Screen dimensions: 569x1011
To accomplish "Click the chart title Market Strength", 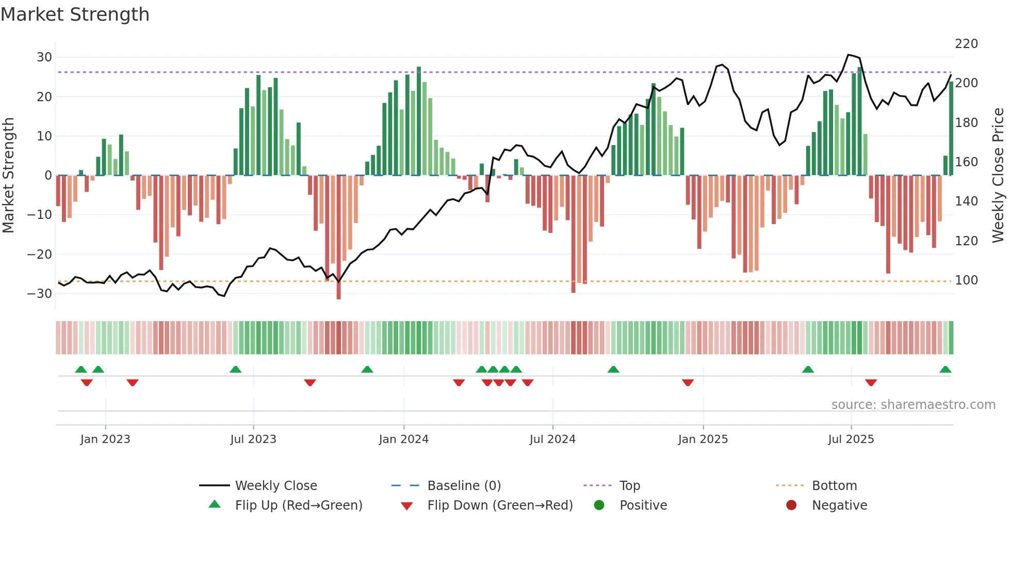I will click(x=75, y=14).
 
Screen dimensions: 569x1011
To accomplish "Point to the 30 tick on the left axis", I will click(x=44, y=57).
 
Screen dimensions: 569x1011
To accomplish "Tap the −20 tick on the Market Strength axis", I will click(x=40, y=254).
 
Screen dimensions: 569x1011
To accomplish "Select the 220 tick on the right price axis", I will click(x=966, y=44).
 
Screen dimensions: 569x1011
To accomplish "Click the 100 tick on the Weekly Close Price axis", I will click(x=966, y=280).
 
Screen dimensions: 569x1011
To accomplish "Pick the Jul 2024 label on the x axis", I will click(x=552, y=439).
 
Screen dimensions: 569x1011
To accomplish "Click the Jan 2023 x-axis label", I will click(x=105, y=439).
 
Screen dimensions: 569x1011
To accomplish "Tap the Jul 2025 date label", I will click(x=851, y=439).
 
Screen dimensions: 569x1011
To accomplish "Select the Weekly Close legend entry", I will click(x=276, y=486).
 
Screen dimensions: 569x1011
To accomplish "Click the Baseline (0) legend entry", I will click(x=464, y=486).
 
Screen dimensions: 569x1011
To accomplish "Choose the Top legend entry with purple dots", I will click(x=629, y=486).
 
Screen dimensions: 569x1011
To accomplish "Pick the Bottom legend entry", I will click(x=834, y=486).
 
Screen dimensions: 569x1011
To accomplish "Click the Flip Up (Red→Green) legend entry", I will click(x=299, y=505).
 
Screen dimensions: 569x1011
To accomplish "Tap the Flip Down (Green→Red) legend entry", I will click(x=500, y=505).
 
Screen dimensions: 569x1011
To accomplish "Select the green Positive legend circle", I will click(x=599, y=505).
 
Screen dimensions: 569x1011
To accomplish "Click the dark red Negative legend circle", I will click(x=791, y=505).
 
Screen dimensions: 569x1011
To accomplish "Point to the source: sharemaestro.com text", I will click(x=913, y=405).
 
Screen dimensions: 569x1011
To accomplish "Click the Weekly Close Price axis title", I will click(x=998, y=176).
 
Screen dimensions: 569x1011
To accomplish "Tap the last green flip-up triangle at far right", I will click(x=945, y=370).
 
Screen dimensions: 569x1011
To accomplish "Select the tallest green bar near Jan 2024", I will click(x=419, y=121).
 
